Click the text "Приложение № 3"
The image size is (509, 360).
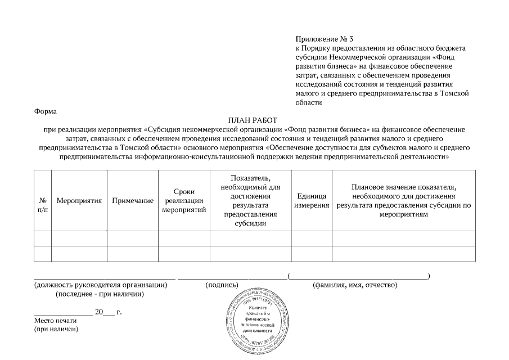pos(325,39)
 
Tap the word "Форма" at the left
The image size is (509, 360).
pos(46,111)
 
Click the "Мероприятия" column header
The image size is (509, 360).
pos(79,201)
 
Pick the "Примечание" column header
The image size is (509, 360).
pos(133,201)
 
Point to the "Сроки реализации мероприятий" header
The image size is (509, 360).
pos(184,201)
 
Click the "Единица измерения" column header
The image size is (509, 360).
pos(311,201)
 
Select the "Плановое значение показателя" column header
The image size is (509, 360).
pos(403,201)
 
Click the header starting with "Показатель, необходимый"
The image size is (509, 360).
pos(251,200)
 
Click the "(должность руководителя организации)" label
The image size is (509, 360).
pos(101,285)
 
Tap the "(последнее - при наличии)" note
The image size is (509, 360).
pos(100,294)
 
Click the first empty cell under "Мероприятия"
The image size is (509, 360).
pos(79,238)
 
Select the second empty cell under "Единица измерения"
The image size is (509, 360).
pos(311,254)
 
